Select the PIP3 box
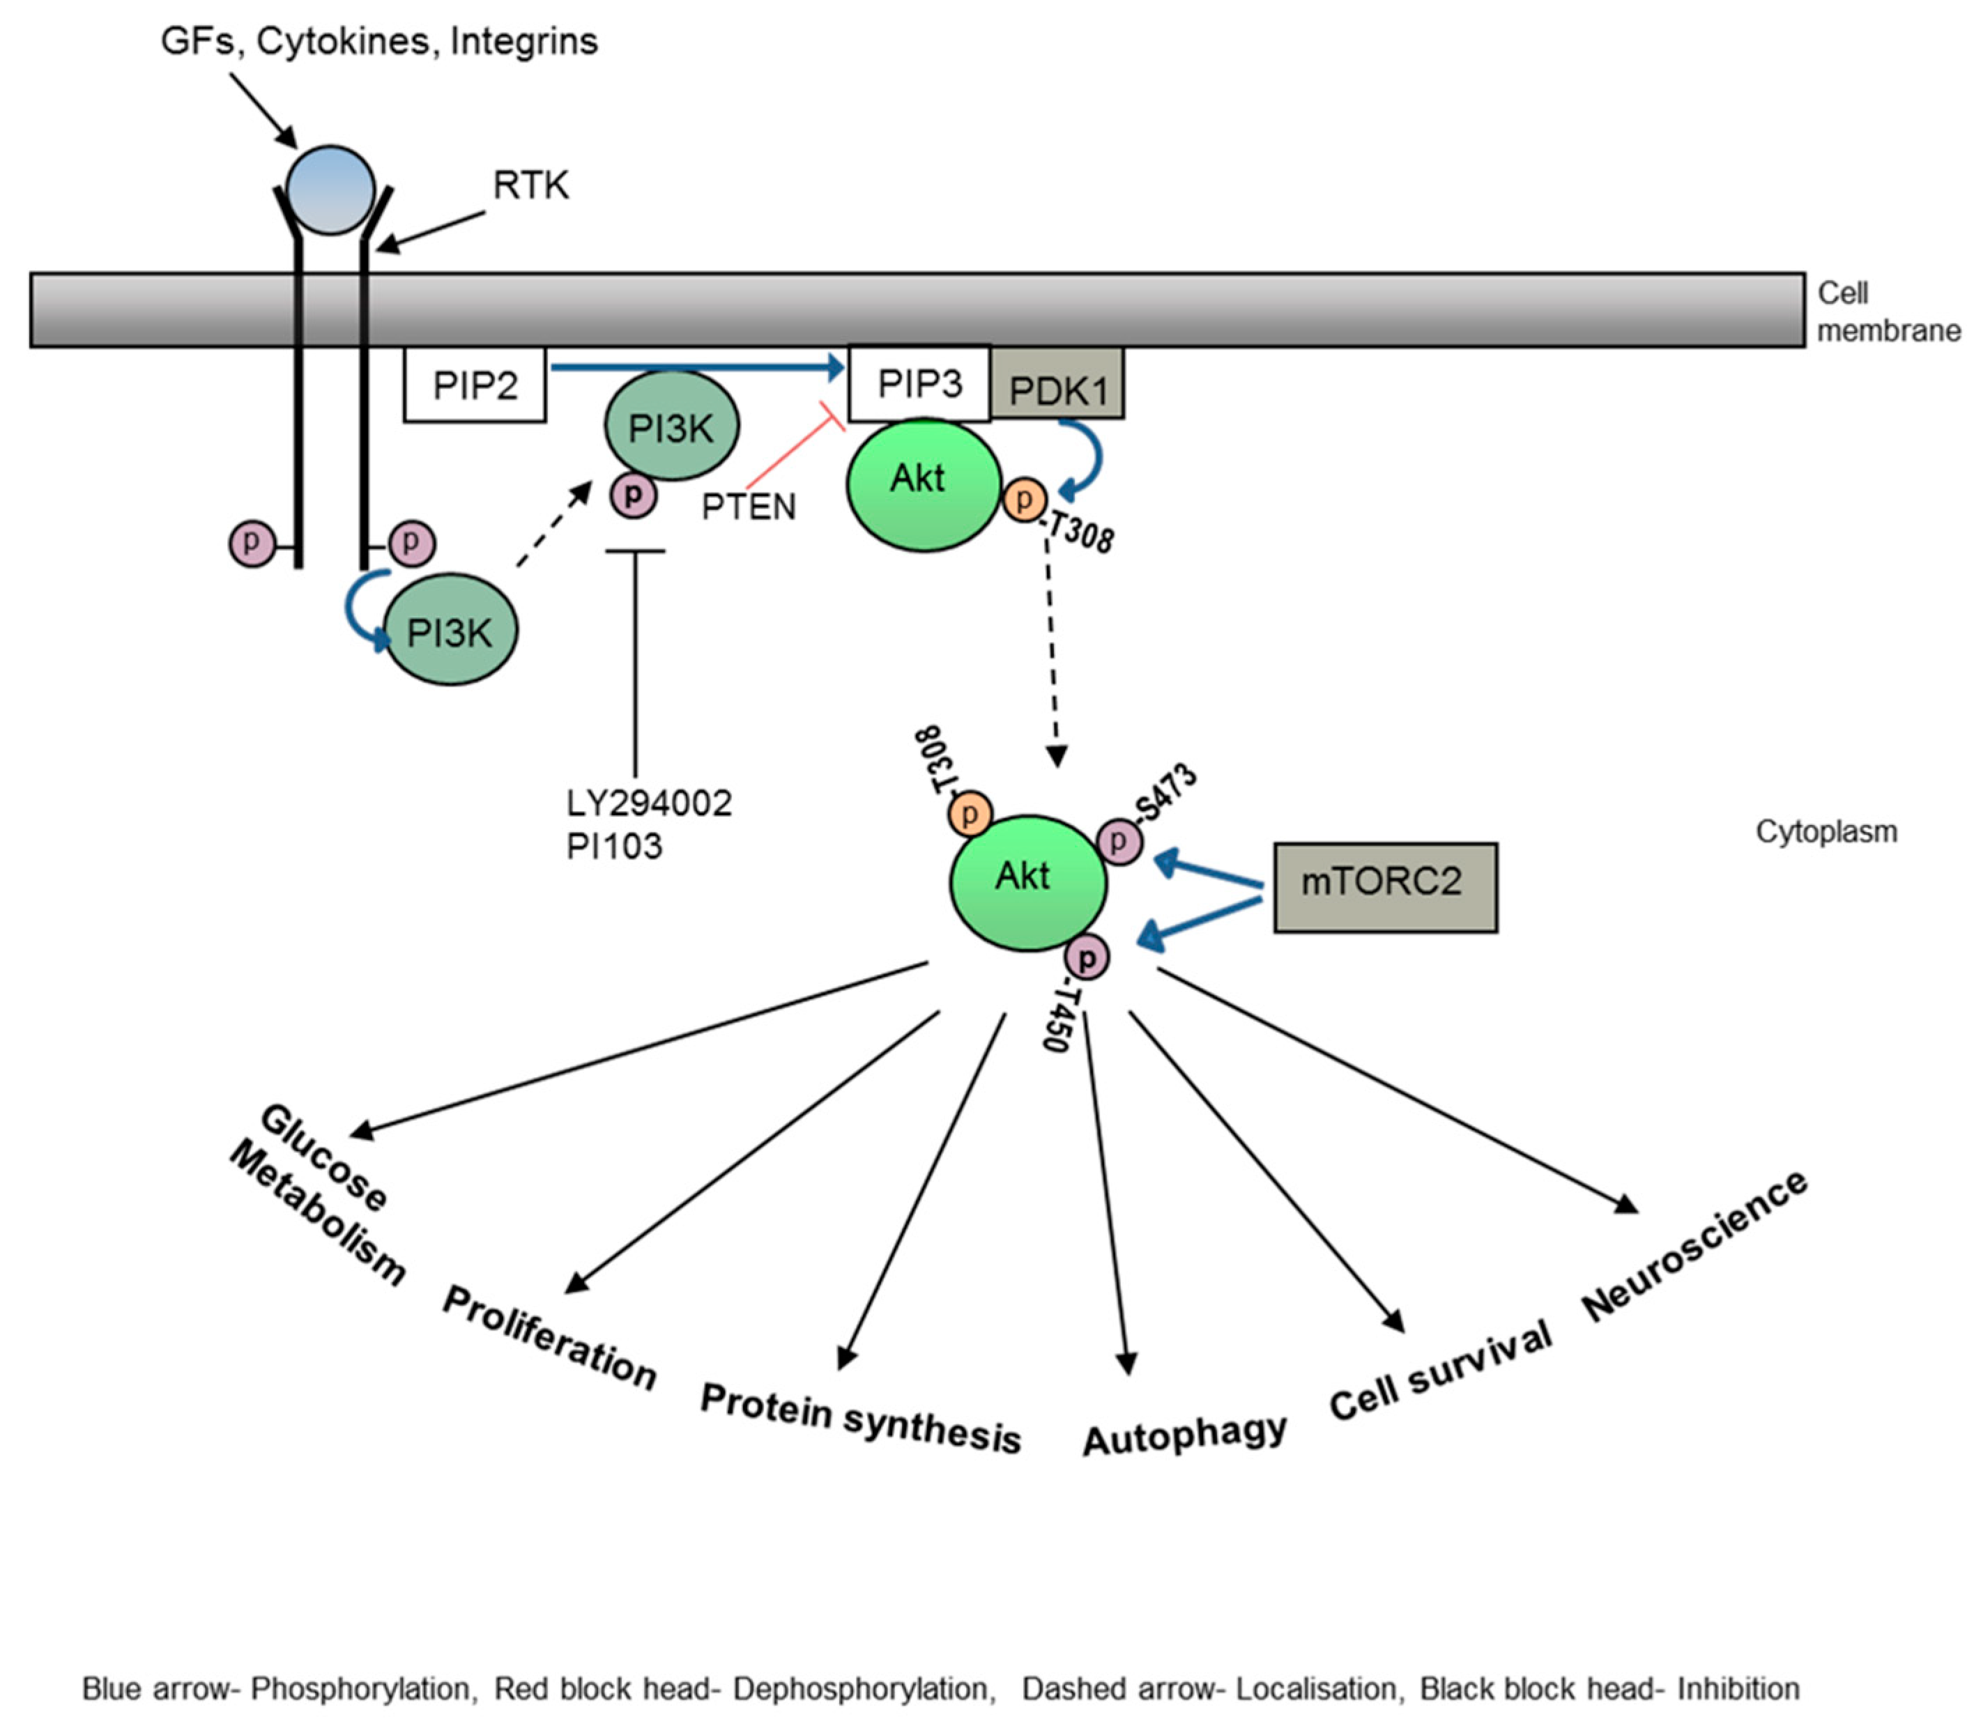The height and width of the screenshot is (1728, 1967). tap(919, 384)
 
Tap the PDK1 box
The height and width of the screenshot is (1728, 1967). tap(1057, 389)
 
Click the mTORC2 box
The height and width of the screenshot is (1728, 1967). tap(1385, 886)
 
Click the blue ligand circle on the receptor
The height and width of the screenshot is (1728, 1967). tap(330, 190)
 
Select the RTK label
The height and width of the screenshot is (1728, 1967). tap(530, 185)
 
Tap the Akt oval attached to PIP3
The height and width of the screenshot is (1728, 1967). tap(922, 484)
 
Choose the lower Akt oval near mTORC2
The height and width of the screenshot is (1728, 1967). tap(1027, 881)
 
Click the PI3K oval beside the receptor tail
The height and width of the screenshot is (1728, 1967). tap(450, 630)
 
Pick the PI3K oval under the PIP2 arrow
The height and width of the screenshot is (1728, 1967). tap(671, 426)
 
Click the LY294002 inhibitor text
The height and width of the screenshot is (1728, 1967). tap(649, 803)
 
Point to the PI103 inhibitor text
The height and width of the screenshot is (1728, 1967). tap(614, 847)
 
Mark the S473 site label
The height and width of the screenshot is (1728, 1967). tap(1168, 792)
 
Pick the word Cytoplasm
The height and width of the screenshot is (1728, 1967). tap(1826, 831)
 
